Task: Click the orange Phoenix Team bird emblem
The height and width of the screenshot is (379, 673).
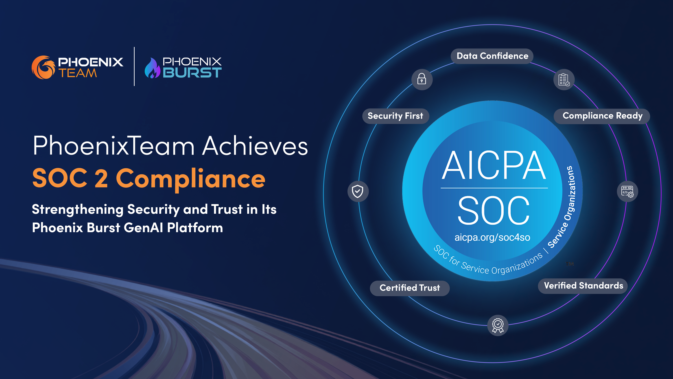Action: tap(43, 67)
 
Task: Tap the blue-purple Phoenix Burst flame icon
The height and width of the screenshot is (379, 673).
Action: tap(152, 68)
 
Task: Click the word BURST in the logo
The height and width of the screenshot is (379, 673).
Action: tap(192, 73)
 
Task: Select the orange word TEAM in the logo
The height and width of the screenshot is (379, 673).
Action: tap(78, 73)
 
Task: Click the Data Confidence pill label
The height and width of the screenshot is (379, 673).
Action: tap(492, 56)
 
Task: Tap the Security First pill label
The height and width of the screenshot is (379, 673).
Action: tap(395, 116)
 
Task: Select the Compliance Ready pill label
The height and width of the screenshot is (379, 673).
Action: tap(602, 116)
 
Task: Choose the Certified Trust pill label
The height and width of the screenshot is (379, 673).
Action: tap(410, 288)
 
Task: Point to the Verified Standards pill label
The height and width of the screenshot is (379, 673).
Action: tap(583, 286)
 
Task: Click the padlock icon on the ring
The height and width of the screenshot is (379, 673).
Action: tap(422, 79)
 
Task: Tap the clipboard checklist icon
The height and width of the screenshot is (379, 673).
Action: tap(564, 79)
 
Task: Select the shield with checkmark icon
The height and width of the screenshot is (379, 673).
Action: tap(358, 191)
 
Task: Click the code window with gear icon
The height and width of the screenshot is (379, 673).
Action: tap(627, 191)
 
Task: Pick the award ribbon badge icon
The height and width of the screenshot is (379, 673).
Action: tap(498, 325)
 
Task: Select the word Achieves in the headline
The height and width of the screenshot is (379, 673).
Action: tap(255, 146)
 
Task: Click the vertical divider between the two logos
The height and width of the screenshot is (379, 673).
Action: tap(134, 66)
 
